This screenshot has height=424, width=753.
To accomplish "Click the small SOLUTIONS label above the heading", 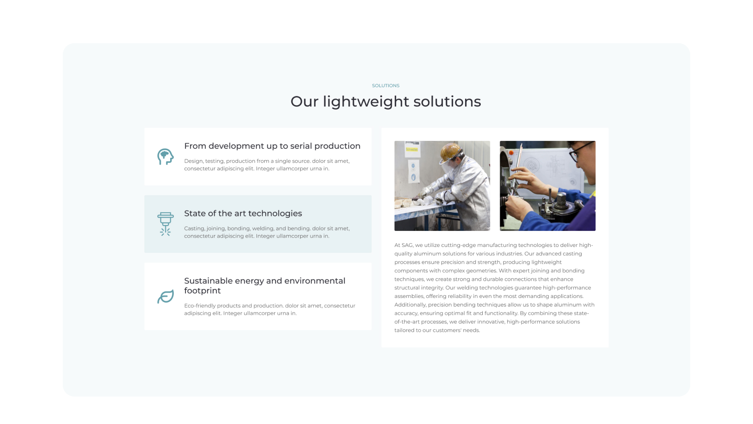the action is pyautogui.click(x=386, y=86).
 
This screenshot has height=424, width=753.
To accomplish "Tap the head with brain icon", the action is pyautogui.click(x=165, y=157).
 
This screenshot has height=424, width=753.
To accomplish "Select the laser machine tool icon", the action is pyautogui.click(x=165, y=224).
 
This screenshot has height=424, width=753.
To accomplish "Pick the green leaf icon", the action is pyautogui.click(x=165, y=297).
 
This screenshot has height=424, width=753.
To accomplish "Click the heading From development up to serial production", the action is pyautogui.click(x=272, y=146).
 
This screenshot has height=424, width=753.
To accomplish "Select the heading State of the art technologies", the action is pyautogui.click(x=243, y=214).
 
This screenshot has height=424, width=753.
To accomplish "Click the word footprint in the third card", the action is pyautogui.click(x=202, y=291).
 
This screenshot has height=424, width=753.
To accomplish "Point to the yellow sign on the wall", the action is pyautogui.click(x=411, y=150).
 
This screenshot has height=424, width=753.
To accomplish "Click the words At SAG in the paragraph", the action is pyautogui.click(x=404, y=245).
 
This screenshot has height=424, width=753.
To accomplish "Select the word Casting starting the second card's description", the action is pyautogui.click(x=194, y=228).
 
